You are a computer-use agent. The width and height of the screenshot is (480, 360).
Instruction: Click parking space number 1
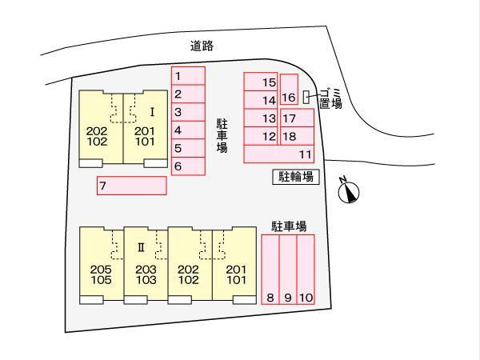tap(188, 76)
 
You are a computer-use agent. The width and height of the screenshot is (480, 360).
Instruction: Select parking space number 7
tap(132, 186)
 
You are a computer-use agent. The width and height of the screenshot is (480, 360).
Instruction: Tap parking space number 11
tap(279, 154)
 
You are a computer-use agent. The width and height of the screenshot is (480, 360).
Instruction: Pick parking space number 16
tap(289, 90)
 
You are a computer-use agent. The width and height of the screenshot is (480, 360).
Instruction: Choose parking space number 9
tap(288, 270)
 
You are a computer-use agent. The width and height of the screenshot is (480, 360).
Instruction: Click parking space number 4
tap(188, 130)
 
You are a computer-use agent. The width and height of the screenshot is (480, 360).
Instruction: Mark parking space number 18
tap(297, 136)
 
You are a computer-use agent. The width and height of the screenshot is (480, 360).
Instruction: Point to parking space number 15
tap(261, 82)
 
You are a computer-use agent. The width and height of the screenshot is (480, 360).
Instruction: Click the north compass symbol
tap(349, 192)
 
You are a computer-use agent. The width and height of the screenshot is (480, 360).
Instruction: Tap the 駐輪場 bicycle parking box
tap(296, 177)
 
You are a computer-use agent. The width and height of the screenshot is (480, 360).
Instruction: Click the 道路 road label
tap(202, 46)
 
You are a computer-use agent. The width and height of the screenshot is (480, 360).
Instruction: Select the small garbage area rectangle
tap(306, 97)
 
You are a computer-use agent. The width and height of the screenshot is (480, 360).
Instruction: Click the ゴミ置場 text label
tap(330, 98)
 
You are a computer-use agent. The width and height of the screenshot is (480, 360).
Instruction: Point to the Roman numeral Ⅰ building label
tap(152, 112)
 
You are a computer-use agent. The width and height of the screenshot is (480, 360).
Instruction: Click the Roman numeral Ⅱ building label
tap(141, 247)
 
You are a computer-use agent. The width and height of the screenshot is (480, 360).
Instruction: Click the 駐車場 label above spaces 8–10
tap(289, 226)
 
